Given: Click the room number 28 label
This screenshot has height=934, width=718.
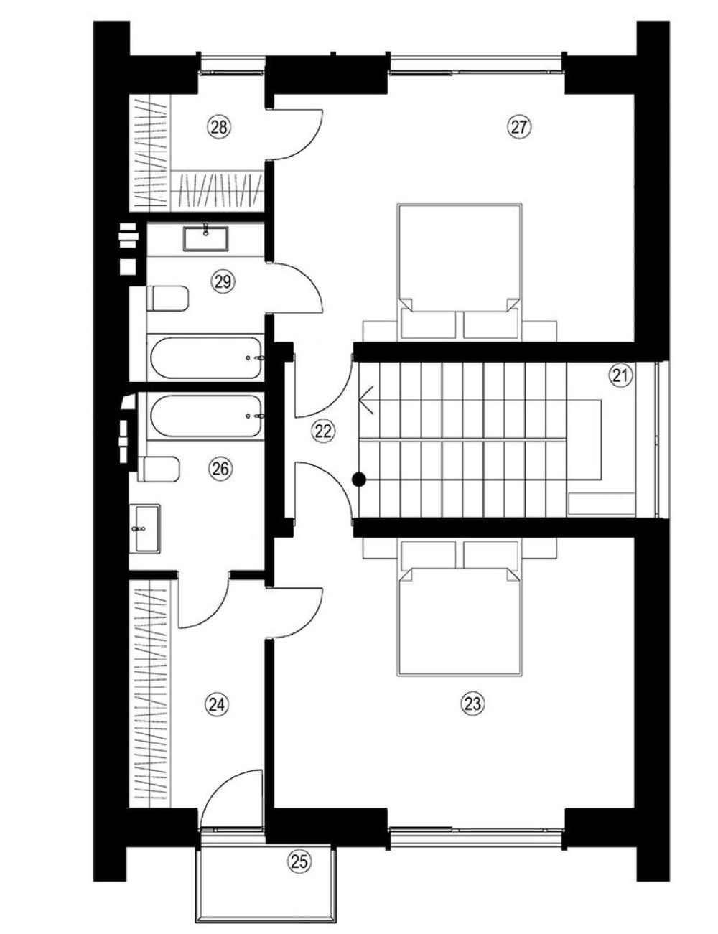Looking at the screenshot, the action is tap(219, 127).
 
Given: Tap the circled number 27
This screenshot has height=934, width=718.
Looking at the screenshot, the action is tap(520, 127).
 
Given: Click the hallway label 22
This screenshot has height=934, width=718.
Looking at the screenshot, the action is tap(323, 431).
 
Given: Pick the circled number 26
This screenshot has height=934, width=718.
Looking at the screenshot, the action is tap(220, 469).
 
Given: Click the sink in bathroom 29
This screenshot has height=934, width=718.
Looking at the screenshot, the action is tap(206, 238).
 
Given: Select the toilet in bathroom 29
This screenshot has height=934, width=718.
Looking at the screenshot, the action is tap(167, 299).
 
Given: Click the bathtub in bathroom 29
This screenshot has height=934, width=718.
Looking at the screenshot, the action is tap(205, 358).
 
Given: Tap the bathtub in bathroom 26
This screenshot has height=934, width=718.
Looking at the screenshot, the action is tap(205, 416).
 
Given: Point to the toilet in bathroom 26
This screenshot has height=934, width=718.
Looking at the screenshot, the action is tap(158, 470).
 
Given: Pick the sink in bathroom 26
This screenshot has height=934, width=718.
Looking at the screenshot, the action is tap(145, 528).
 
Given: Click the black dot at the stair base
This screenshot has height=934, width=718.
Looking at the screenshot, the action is tap(359, 479).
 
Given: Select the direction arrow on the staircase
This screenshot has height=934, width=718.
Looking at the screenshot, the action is tap(368, 400).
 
